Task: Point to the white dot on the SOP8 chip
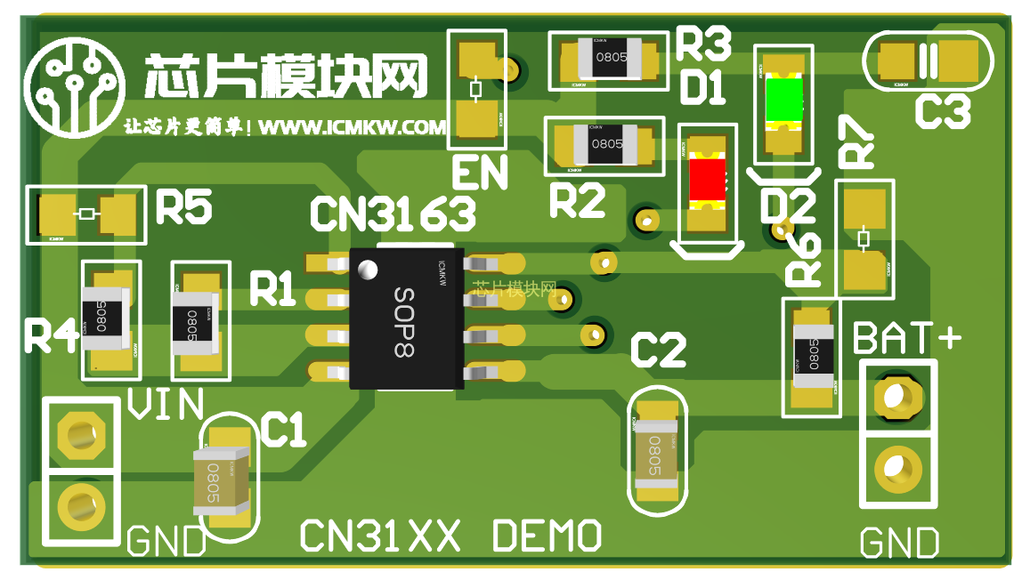pos(366,268)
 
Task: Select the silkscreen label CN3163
pos(392,213)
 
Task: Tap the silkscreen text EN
pos(479,173)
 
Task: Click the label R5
pos(183,207)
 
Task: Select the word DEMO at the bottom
pos(547,536)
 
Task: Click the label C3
pos(943,113)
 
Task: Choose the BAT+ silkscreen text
pos(906,338)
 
